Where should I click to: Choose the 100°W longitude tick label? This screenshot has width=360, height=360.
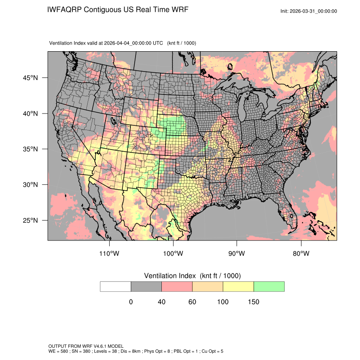tap(173, 254)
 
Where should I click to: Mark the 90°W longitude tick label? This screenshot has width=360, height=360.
tap(236, 254)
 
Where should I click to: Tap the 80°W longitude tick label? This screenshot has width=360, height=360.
tap(301, 254)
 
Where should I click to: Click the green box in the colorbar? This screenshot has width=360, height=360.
tap(269, 286)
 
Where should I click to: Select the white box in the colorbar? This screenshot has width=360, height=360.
tap(116, 286)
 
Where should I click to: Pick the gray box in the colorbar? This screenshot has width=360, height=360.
tap(146, 286)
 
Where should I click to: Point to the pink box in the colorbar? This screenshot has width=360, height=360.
tap(177, 286)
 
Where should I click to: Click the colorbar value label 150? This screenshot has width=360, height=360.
tap(253, 302)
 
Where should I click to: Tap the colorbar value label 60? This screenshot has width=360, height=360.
tap(192, 302)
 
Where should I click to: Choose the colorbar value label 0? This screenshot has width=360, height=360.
tap(131, 302)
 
